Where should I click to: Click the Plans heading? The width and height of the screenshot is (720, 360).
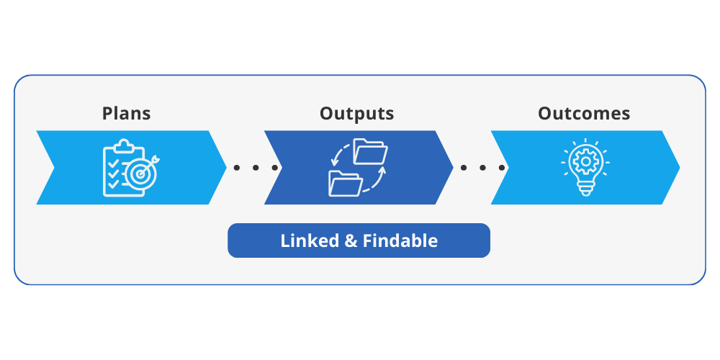click(127, 113)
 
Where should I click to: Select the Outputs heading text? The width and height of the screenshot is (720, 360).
click(356, 113)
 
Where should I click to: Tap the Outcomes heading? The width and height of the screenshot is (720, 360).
click(584, 113)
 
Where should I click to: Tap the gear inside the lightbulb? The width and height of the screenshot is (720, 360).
click(585, 163)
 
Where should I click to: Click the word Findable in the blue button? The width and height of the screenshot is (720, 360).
click(400, 240)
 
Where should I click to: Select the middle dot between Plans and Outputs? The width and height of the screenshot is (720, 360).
click(255, 168)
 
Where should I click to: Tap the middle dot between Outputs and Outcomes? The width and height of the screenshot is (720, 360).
click(482, 168)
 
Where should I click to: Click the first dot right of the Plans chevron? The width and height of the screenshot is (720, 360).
click(236, 168)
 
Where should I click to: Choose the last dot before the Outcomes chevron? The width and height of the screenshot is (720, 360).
click(501, 168)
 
